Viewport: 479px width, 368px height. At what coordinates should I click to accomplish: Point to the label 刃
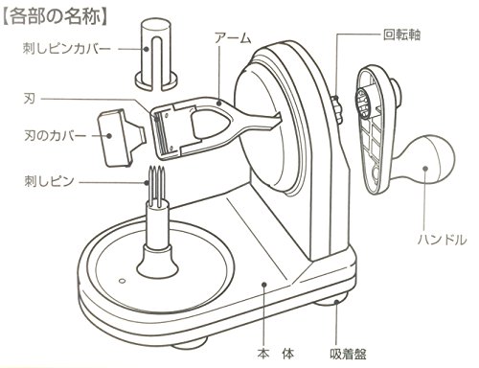[x=30, y=97]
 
